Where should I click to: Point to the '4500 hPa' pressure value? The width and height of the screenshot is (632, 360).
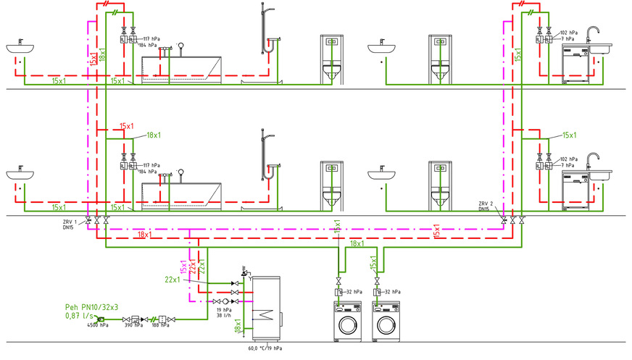pyautogui.click(x=98, y=327)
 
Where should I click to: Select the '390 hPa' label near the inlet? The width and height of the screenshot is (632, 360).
pyautogui.click(x=132, y=327)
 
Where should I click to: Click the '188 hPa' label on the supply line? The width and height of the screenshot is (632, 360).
pyautogui.click(x=161, y=327)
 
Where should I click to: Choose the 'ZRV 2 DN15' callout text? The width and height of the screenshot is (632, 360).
pyautogui.click(x=487, y=206)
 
